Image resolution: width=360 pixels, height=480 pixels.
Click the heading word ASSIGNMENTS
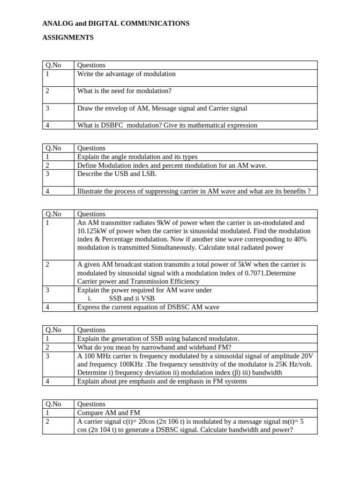68,37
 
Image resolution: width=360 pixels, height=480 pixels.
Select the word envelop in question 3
121,108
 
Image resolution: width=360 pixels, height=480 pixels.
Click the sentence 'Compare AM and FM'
109,412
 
